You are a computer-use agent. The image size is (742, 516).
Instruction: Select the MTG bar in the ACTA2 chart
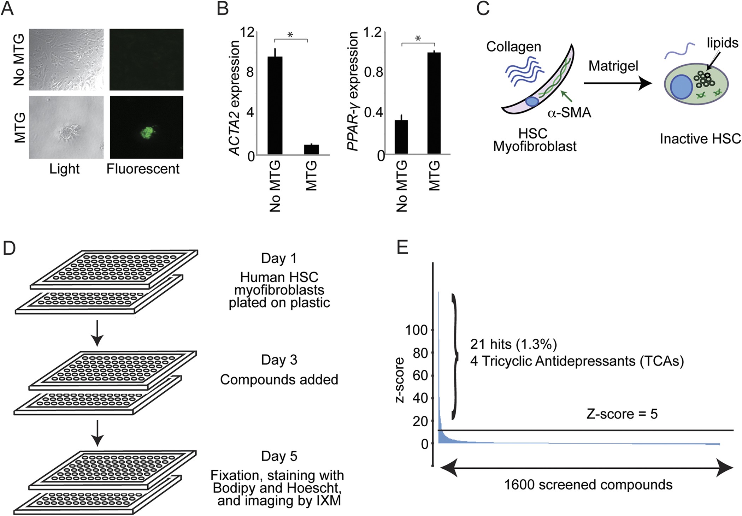tap(311, 150)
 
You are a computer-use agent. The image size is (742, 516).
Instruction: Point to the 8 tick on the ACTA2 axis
tap(250, 72)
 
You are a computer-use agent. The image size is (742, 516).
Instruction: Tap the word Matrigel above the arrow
tap(613, 66)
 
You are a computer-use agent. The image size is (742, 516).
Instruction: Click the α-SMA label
tap(569, 113)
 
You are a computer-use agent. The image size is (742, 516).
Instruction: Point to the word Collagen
tap(514, 47)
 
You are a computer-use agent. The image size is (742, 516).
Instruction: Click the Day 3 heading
tap(279, 360)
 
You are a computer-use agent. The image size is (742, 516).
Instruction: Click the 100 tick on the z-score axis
tap(417, 330)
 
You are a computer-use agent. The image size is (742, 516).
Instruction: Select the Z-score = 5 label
tap(622, 414)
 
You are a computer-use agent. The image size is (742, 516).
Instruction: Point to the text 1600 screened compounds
tap(588, 485)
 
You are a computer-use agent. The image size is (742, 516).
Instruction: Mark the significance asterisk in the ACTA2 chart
tap(290, 35)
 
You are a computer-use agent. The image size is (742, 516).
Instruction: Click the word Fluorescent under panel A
tap(143, 169)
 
